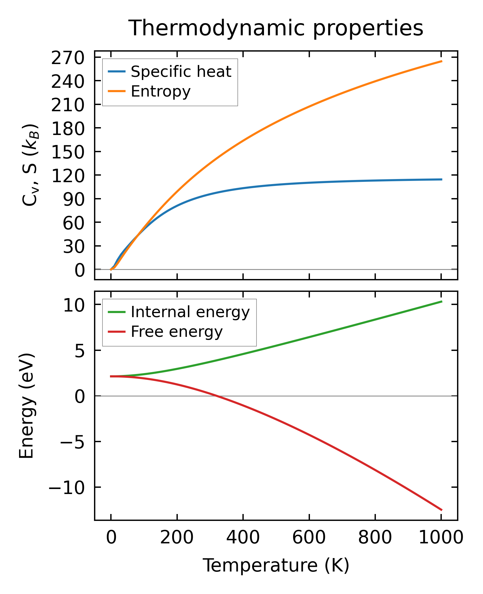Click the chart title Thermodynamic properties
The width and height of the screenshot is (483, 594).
tap(276, 28)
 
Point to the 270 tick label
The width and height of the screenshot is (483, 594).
tap(68, 58)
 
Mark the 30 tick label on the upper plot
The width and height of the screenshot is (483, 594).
tap(74, 247)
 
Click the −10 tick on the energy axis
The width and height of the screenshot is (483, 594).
tap(66, 488)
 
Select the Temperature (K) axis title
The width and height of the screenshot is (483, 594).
tap(276, 566)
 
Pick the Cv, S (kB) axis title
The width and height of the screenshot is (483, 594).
tap(30, 165)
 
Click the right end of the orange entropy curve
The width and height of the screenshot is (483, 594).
tap(441, 61)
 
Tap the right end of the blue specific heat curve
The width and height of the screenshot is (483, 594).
tap(441, 179)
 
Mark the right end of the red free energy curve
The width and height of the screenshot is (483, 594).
tap(441, 510)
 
